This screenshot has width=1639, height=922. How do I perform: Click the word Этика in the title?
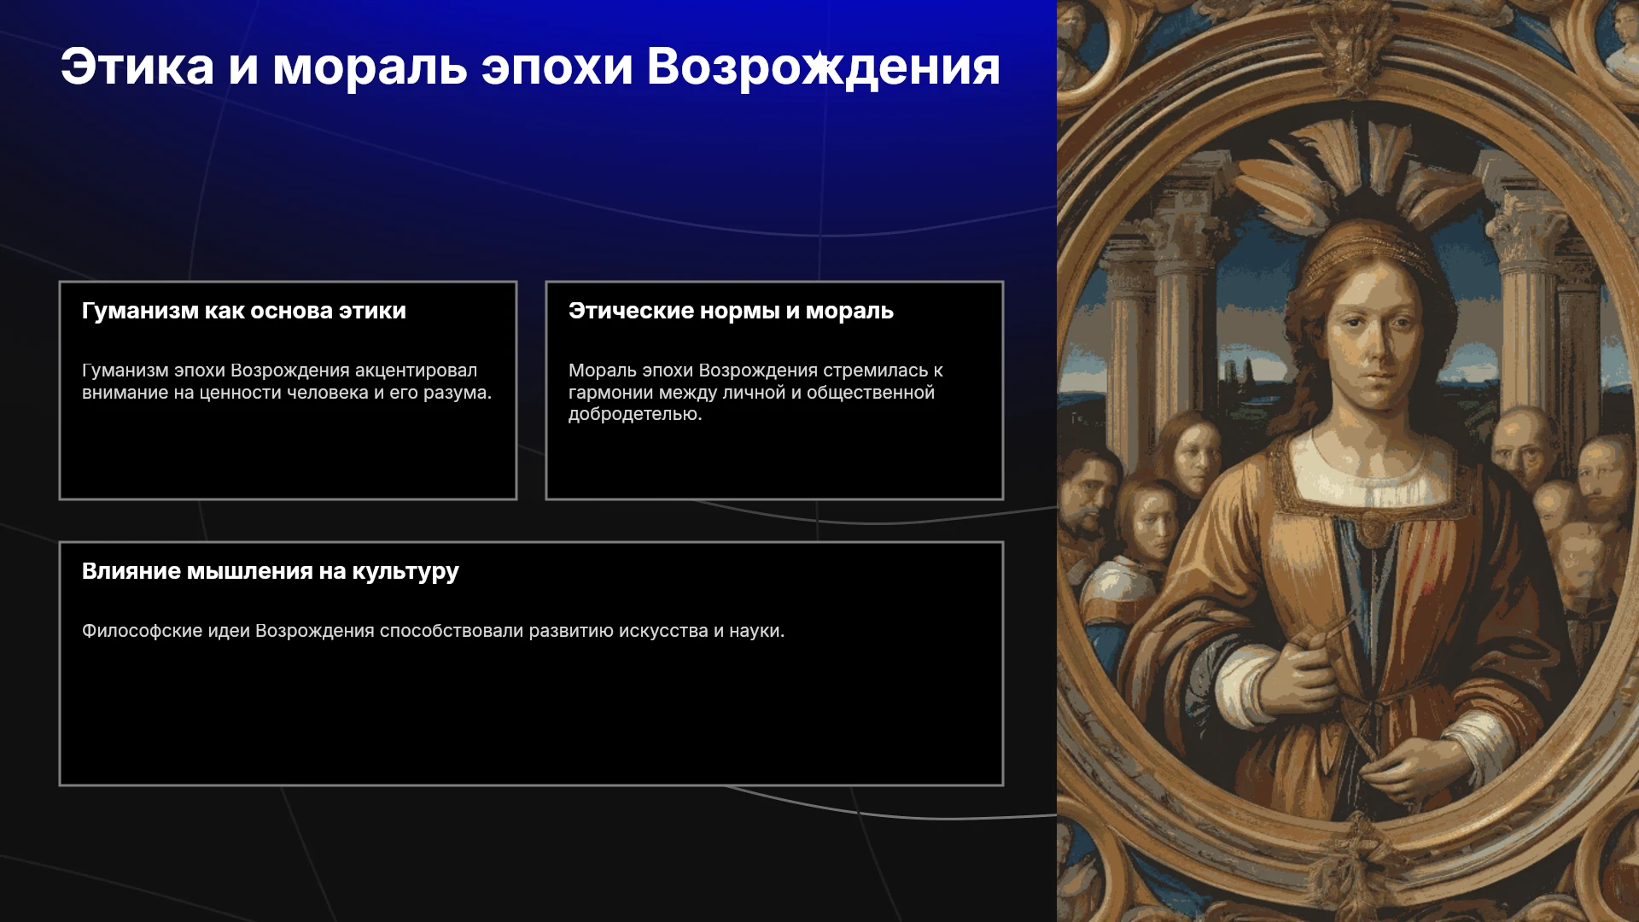point(137,67)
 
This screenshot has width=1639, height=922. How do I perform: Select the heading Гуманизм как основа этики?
point(244,311)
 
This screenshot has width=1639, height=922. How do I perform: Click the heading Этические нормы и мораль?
point(731,311)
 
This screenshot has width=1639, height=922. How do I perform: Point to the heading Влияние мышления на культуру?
point(271,572)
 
